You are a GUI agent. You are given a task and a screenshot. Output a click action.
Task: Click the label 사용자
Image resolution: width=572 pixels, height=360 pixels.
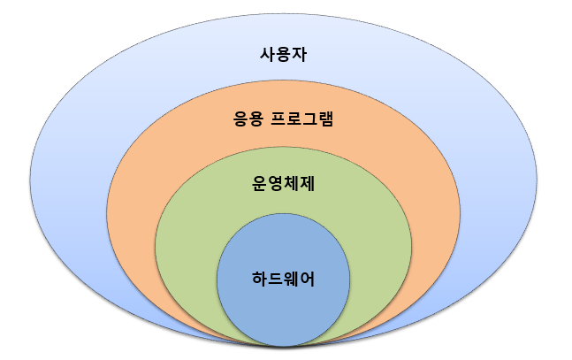(x=283, y=54)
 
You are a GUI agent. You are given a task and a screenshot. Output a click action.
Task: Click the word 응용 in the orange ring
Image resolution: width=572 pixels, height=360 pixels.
(x=245, y=119)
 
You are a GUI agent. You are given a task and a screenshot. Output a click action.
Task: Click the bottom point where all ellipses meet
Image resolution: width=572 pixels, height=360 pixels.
(x=284, y=344)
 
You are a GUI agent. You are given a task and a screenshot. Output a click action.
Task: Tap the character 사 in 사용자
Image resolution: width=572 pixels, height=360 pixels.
(x=263, y=54)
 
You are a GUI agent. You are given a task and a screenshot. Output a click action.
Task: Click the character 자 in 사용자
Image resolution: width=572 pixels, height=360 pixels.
(x=303, y=54)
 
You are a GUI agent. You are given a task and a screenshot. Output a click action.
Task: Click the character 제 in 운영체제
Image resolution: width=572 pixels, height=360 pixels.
(x=313, y=185)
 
